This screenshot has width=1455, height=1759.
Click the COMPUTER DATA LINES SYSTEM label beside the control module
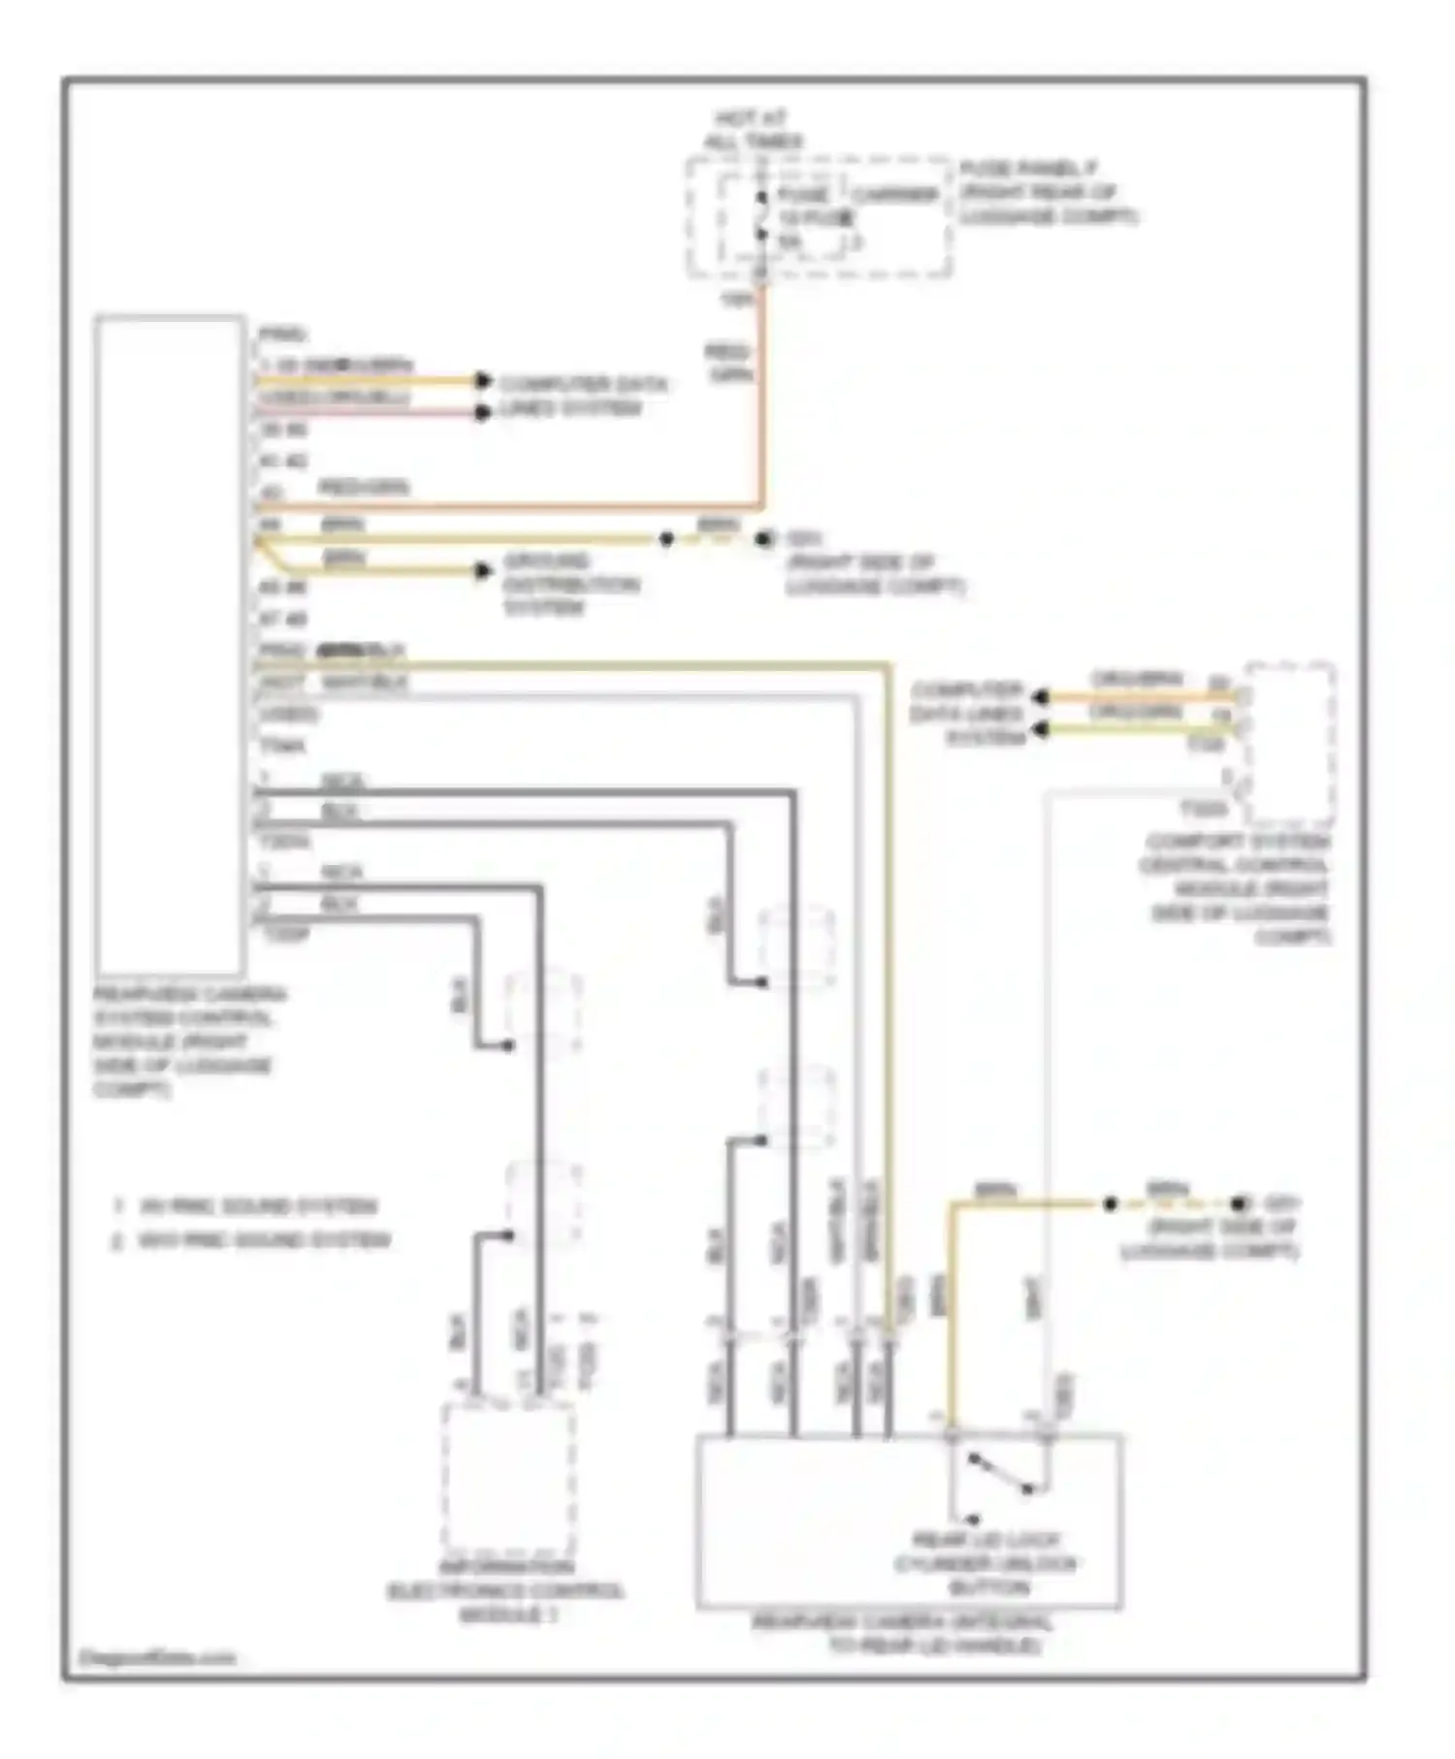tap(582, 396)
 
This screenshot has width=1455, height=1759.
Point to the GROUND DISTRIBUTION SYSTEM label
tap(569, 584)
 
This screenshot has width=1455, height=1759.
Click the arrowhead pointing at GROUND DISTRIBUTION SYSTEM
tap(483, 571)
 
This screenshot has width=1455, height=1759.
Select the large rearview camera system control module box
tap(170, 645)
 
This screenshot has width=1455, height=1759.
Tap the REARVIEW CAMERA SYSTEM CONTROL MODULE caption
tap(188, 1041)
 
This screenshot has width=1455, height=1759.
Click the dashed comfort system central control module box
tap(1289, 744)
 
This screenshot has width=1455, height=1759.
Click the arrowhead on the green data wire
tap(1041, 728)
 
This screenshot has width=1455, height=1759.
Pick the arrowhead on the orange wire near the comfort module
tap(1041, 697)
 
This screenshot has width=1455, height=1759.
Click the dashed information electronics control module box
tap(508, 1478)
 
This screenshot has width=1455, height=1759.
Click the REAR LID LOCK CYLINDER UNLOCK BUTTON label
tap(986, 1562)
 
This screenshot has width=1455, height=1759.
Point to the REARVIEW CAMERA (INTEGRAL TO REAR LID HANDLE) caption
tap(902, 1634)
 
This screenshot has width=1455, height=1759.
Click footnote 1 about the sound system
tap(247, 1206)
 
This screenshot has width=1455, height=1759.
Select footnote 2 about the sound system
tap(252, 1240)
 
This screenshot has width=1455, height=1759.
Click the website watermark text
tap(155, 1658)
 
